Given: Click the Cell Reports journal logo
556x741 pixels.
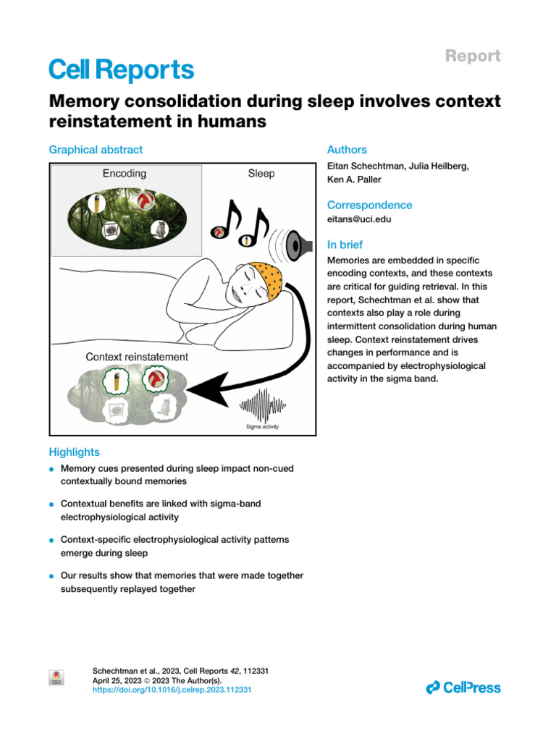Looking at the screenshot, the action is click(121, 69).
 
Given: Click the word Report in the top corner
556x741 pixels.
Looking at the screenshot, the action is click(472, 56).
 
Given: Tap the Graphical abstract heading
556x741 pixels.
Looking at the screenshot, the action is click(96, 150).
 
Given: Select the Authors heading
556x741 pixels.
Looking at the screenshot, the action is click(347, 150).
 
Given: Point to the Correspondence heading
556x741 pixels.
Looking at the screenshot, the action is click(369, 205).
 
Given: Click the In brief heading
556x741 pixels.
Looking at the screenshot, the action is click(345, 245).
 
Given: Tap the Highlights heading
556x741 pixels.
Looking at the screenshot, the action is click(74, 452).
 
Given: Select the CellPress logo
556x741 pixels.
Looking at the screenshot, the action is click(463, 687).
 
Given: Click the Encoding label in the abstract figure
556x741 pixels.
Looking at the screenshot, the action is click(124, 174).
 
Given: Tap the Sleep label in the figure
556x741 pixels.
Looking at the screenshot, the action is click(261, 174).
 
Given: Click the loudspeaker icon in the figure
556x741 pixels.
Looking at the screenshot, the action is click(297, 247).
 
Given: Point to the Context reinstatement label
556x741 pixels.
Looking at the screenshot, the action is click(137, 357).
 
